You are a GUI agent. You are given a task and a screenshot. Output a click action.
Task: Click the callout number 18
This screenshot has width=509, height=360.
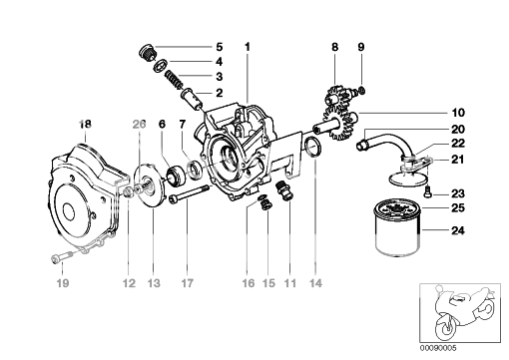[85, 125]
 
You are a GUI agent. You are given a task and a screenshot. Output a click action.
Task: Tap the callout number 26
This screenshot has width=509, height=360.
[139, 125]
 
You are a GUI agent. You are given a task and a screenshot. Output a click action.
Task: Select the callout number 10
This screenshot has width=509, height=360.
[458, 113]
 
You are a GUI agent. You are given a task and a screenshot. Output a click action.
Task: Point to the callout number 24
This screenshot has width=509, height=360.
[458, 230]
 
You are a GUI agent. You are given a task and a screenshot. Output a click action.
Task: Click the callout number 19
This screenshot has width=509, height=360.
[63, 283]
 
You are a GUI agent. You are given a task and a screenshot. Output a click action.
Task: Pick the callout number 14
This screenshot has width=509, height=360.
[315, 283]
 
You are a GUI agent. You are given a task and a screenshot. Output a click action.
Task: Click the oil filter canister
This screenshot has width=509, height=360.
[398, 227]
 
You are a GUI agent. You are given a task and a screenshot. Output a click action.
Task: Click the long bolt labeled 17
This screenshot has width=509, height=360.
[189, 194]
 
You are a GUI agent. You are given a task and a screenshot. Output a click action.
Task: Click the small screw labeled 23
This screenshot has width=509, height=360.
[428, 192]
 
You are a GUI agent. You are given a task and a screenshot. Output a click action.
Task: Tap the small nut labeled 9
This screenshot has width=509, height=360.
[362, 90]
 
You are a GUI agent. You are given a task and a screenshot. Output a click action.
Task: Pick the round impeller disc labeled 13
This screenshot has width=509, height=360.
[150, 186]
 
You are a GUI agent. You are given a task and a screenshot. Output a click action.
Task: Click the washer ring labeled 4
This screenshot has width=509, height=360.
[161, 66]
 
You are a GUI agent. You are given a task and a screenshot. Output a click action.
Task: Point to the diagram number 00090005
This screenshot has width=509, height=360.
[438, 348]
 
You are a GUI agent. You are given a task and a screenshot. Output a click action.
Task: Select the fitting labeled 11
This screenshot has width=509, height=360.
[284, 190]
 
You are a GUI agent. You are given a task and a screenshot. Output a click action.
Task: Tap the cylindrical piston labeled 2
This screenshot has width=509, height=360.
[192, 99]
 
